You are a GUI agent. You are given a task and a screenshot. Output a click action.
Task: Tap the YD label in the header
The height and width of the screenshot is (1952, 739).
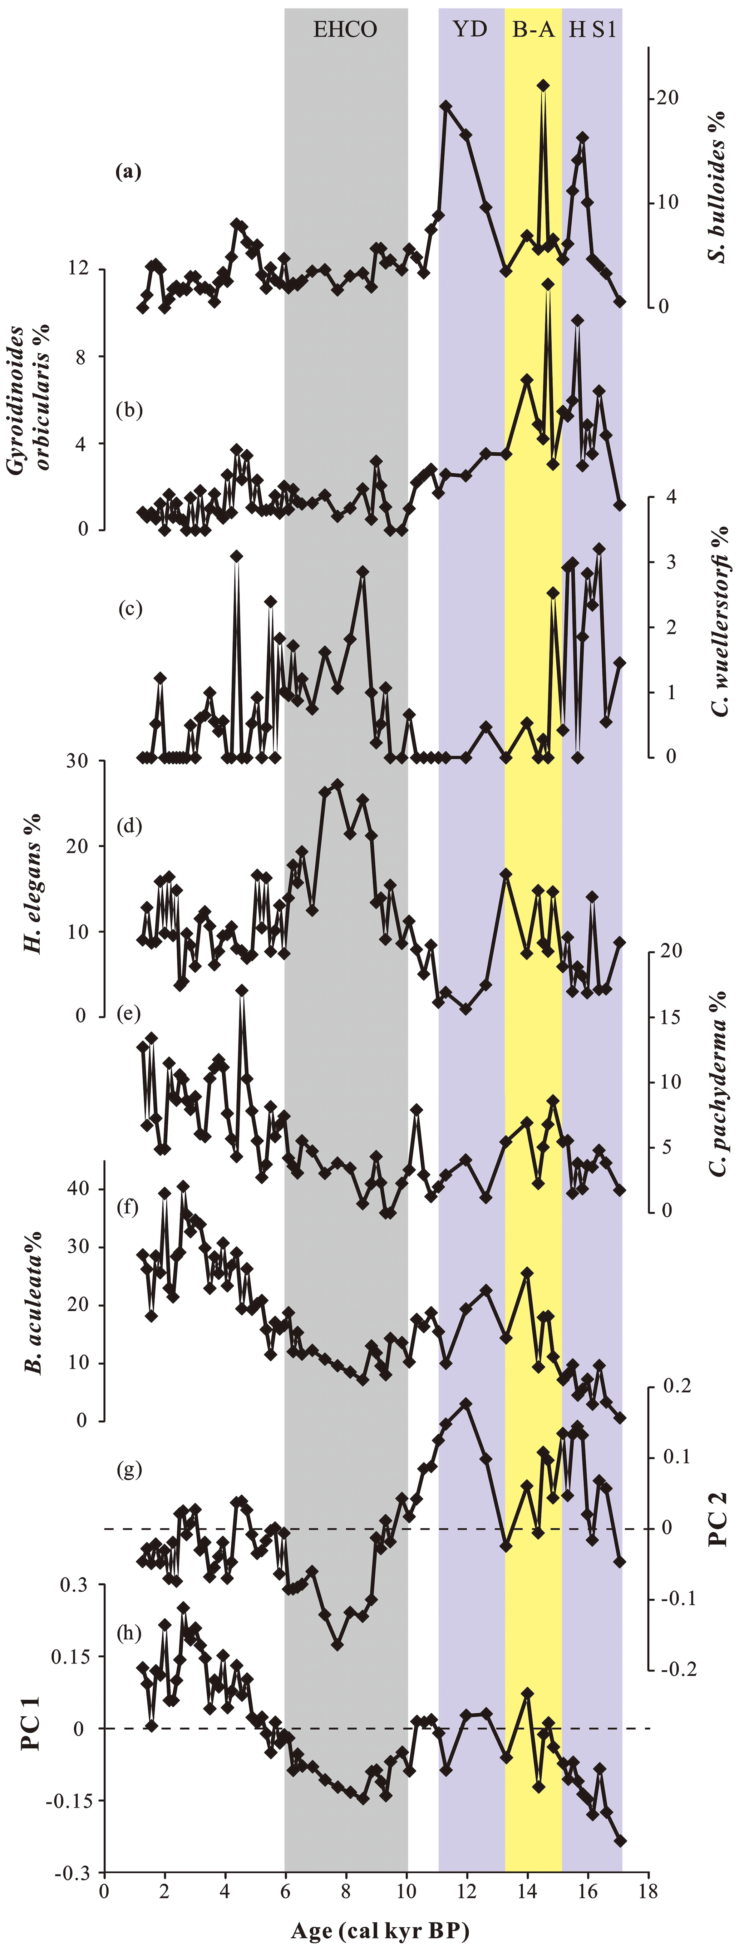coord(470,30)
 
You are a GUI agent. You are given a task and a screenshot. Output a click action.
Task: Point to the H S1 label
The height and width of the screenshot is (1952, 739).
coord(593,30)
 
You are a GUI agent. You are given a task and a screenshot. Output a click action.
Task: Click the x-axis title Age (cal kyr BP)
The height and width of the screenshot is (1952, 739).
coord(379,1931)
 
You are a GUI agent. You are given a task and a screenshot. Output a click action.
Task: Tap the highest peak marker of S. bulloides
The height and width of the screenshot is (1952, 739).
coord(543,86)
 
